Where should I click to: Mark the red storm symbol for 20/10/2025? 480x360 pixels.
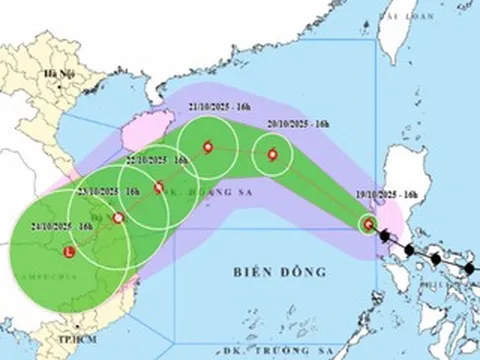pos(270,155)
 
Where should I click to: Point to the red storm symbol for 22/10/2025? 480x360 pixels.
pos(159,187)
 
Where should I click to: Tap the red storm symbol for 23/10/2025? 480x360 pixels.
pos(119,218)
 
